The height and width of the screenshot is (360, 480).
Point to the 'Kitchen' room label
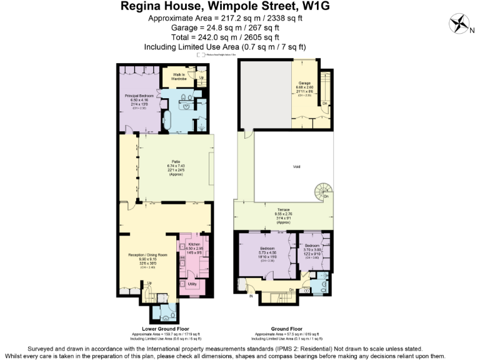pyautogui.click(x=194, y=244)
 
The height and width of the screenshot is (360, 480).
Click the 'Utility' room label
pyautogui.click(x=192, y=283)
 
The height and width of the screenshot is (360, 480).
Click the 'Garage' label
pyautogui.click(x=304, y=82)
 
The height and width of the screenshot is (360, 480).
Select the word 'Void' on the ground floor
pyautogui.click(x=296, y=167)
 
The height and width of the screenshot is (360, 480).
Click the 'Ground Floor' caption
pyautogui.click(x=287, y=328)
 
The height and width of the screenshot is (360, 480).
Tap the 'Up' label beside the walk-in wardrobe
pyautogui.click(x=201, y=77)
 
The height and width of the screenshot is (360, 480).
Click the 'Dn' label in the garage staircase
pyautogui.click(x=324, y=103)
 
